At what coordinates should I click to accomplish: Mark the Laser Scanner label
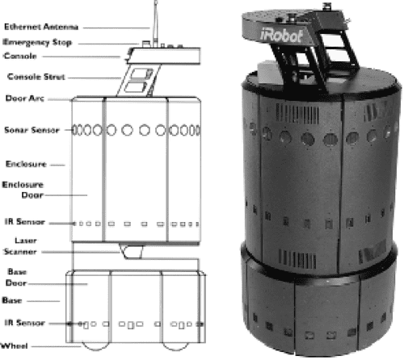click(20, 246)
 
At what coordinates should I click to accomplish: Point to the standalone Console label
click(19, 57)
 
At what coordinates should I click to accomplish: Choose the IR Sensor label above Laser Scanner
click(24, 221)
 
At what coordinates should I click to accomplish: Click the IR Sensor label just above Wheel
click(23, 322)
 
